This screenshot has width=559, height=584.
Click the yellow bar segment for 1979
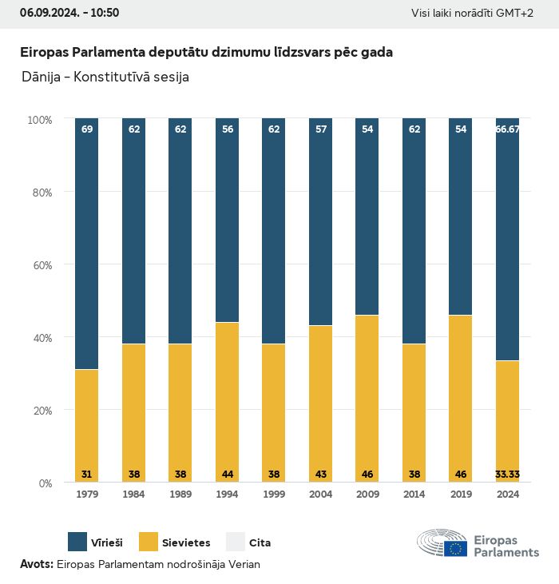[87, 426]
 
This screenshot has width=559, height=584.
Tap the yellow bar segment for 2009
[367, 399]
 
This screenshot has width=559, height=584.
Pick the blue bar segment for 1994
[228, 220]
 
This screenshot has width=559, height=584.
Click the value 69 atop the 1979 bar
[87, 129]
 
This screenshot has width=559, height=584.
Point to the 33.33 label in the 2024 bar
[508, 475]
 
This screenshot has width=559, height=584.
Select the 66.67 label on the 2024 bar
[508, 129]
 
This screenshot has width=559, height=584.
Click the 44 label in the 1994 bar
[228, 475]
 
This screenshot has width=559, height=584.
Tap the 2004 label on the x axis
[321, 495]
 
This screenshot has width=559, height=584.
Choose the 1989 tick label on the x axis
[180, 495]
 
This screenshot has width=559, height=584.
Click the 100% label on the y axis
[39, 120]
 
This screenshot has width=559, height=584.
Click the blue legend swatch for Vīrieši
[77, 542]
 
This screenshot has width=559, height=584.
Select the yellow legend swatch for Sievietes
[149, 542]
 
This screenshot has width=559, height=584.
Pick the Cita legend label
[260, 543]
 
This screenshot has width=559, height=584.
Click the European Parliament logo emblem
[442, 543]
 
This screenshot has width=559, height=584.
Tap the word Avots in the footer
[36, 564]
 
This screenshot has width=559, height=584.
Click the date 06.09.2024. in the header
[47, 13]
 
